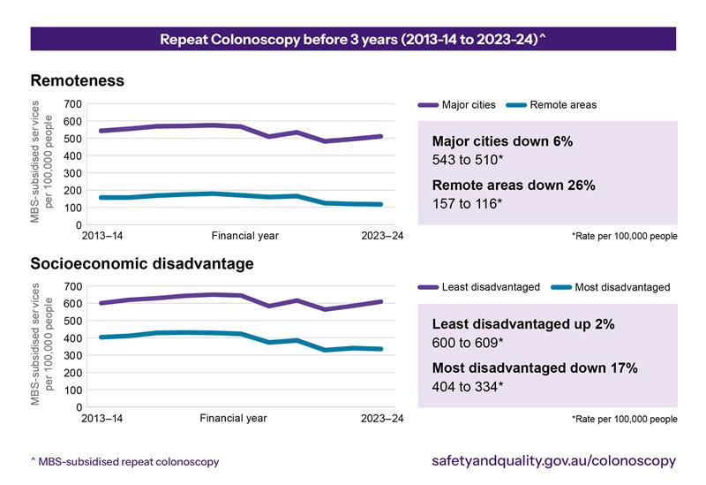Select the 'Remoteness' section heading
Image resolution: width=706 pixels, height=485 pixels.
coord(77,80)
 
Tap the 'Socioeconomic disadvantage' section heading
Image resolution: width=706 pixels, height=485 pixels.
coord(142,263)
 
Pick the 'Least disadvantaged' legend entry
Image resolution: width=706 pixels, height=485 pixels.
coord(491,287)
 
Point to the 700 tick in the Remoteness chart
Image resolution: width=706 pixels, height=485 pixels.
coord(72,104)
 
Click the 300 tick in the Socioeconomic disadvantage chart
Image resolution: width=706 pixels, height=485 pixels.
coord(72,355)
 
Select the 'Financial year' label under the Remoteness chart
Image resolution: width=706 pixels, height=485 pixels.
coord(244,236)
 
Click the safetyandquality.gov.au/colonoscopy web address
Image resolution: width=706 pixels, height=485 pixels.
coord(553,461)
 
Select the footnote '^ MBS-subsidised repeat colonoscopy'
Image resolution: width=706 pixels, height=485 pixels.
coord(124,462)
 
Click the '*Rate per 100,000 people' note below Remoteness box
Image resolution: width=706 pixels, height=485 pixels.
coord(624,237)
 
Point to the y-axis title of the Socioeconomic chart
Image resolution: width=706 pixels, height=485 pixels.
coord(42,345)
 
